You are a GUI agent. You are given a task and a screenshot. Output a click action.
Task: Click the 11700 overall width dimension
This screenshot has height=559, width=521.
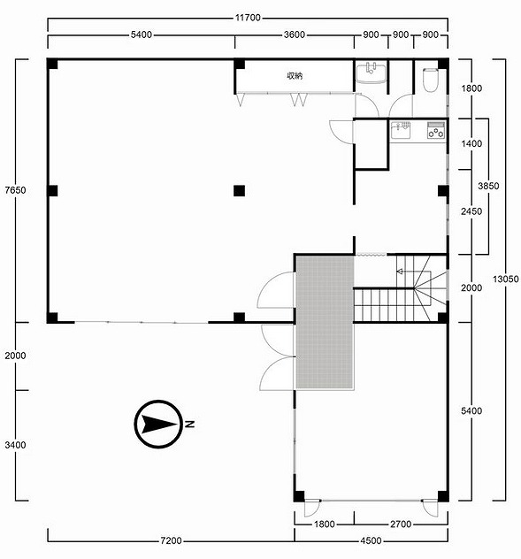click(x=248, y=18)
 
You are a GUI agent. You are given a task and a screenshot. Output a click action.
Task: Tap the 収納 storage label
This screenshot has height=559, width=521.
click(x=295, y=75)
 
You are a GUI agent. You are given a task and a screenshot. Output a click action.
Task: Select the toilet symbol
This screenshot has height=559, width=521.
click(x=431, y=79)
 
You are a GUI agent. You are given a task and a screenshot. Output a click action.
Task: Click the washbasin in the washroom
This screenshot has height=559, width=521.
click(x=372, y=73)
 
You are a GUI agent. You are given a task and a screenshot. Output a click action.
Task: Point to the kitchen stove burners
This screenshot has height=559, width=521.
click(x=436, y=131)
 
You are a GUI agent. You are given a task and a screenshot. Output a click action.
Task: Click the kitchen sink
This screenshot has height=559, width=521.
click(x=401, y=131)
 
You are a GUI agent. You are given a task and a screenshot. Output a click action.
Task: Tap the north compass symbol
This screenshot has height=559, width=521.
click(x=158, y=424)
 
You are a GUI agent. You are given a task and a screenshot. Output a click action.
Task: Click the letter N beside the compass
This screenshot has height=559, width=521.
click(x=190, y=425)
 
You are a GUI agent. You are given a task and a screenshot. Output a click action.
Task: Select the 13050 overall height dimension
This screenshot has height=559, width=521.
click(x=506, y=279)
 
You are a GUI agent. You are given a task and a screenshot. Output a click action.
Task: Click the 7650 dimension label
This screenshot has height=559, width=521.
click(x=15, y=190)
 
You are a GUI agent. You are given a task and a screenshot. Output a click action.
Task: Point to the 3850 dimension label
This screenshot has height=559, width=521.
click(x=488, y=186)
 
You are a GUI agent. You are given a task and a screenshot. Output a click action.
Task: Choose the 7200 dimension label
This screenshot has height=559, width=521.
click(x=172, y=540)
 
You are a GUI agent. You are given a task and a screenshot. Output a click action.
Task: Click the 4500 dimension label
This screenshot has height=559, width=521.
click(x=371, y=540)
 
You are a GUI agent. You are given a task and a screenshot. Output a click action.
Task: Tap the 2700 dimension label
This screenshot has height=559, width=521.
click(x=401, y=524)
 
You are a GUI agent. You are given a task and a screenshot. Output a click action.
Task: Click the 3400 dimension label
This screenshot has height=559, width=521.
click(x=15, y=445)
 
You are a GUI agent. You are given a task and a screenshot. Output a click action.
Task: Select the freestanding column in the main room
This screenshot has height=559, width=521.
click(x=240, y=191)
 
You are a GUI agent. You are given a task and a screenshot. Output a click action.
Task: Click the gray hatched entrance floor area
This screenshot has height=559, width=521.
click(x=325, y=322)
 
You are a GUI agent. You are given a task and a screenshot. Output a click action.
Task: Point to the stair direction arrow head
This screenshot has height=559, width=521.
click(x=400, y=272)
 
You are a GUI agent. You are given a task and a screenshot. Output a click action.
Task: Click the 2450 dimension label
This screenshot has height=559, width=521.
click(x=471, y=211)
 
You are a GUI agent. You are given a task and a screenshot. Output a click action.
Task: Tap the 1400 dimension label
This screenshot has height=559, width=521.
click(x=471, y=143)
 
